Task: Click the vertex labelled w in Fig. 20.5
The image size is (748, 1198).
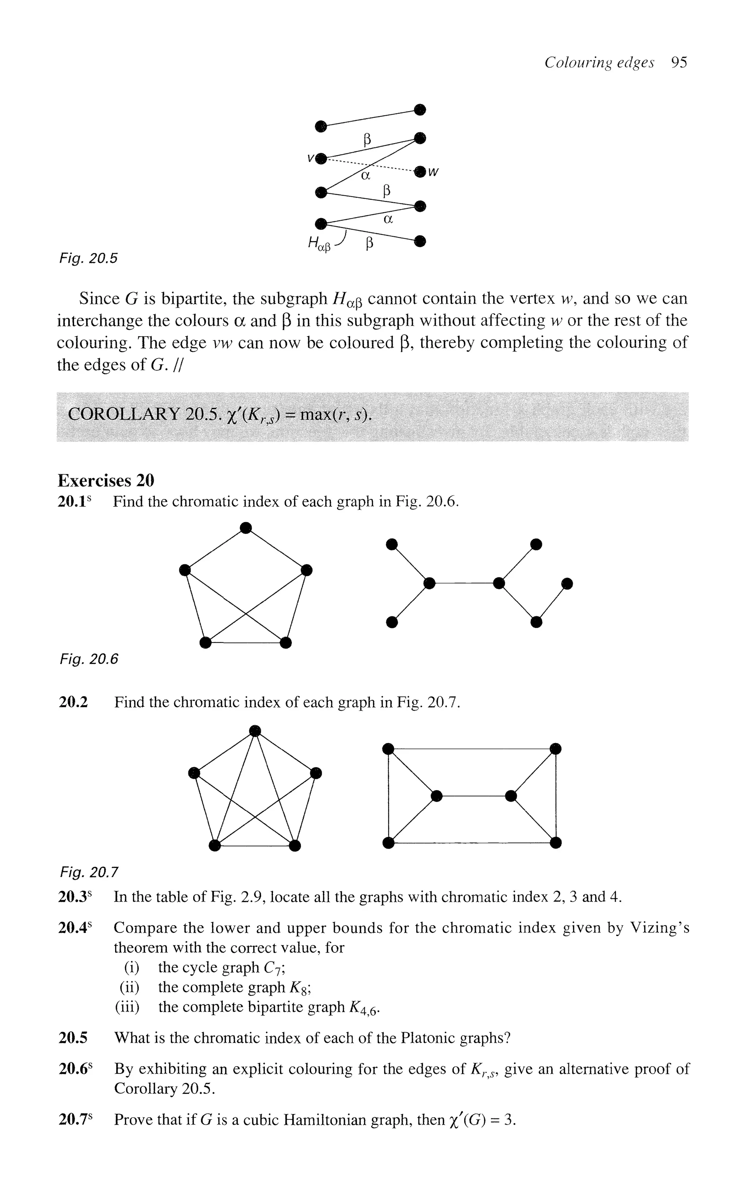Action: coord(420,172)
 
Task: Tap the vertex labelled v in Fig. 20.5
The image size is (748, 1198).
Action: coord(321,158)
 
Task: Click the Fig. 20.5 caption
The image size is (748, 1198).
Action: coord(88,258)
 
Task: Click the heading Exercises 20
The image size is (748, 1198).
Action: coord(106,480)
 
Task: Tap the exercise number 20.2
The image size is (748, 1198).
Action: coord(73,702)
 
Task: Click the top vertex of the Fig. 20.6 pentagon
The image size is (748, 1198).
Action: coord(246,528)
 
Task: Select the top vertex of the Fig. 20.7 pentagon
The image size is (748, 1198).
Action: coord(255,730)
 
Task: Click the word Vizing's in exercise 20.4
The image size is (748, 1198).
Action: coord(660,928)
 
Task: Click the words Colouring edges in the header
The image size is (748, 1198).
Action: coord(599,62)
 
